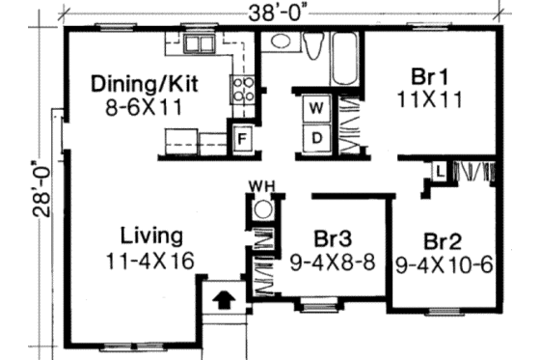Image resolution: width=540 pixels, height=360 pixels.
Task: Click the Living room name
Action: click(x=151, y=235)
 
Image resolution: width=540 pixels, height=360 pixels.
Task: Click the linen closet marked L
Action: click(x=438, y=172)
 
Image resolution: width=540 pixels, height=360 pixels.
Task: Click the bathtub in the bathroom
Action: click(x=343, y=48)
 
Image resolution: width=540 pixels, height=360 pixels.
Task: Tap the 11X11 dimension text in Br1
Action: click(x=423, y=97)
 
